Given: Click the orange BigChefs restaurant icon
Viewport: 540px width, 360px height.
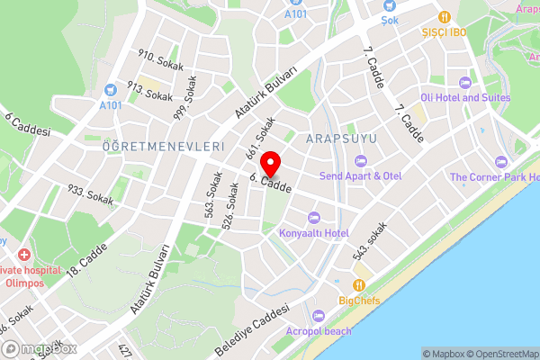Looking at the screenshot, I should tap(359, 283).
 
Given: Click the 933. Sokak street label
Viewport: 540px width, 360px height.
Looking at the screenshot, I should tap(90, 194).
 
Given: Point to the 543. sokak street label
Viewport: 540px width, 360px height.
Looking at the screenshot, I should tap(371, 239).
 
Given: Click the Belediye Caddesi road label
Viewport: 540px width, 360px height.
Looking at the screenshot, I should tap(253, 328).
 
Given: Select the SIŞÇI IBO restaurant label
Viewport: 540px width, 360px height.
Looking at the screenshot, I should tap(445, 31).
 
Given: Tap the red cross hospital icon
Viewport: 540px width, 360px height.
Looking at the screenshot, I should tap(22, 256).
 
